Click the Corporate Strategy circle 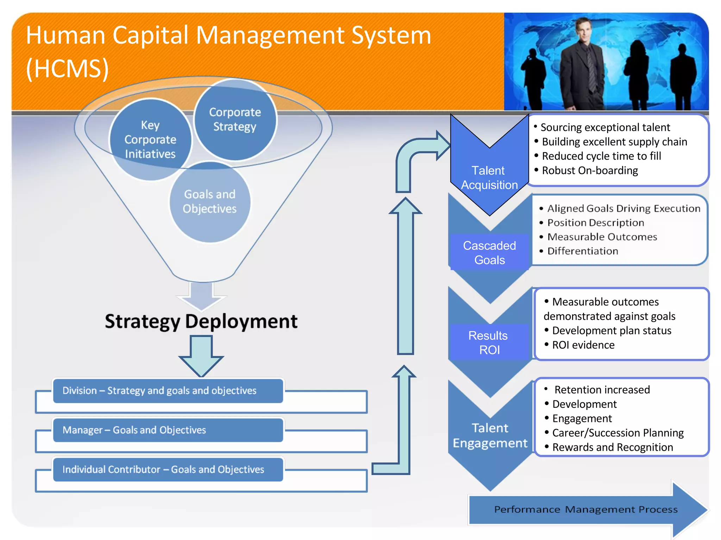point(235,120)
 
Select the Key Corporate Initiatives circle point(150,140)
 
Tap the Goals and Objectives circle point(210,202)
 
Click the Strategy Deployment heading point(201,321)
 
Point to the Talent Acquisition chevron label point(489,178)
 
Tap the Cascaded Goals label point(489,252)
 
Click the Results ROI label point(489,342)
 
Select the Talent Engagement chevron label point(490,435)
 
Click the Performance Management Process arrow point(586,509)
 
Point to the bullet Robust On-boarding point(590,171)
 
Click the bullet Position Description point(596,223)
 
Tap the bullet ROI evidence point(583,345)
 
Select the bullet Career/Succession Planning point(617,433)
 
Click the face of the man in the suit point(585,31)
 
